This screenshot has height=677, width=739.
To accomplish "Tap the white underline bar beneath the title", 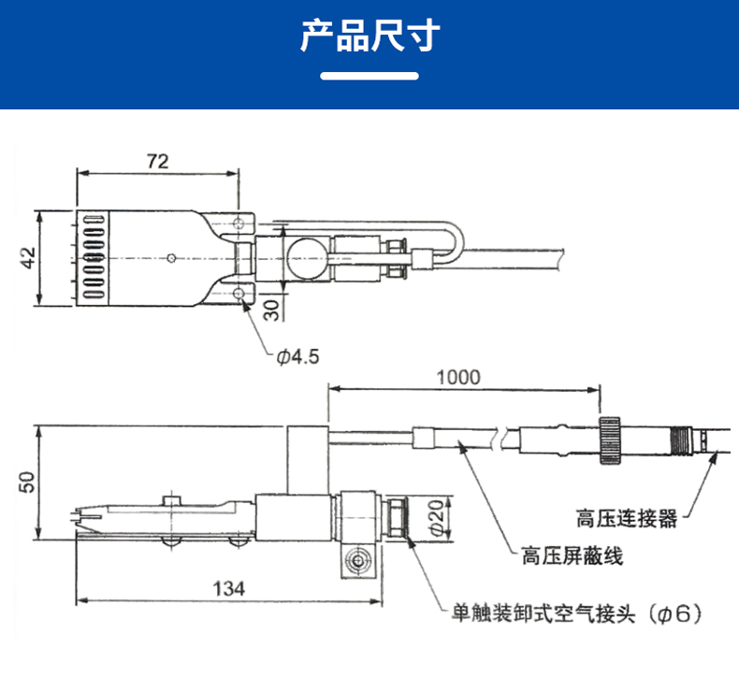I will click(x=369, y=76).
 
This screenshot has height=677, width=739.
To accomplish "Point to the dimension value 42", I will click(x=27, y=258).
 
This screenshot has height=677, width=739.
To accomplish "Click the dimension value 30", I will click(x=270, y=310).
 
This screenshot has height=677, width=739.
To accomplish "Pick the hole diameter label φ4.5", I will click(x=297, y=356).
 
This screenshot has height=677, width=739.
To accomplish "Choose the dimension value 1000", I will click(x=458, y=378).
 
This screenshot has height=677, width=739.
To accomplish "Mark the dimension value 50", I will click(x=27, y=483).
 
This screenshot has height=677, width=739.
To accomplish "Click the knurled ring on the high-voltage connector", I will click(x=612, y=439).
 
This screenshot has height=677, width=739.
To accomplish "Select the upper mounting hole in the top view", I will click(x=242, y=223).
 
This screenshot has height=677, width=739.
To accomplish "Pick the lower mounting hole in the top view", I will click(x=242, y=293).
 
